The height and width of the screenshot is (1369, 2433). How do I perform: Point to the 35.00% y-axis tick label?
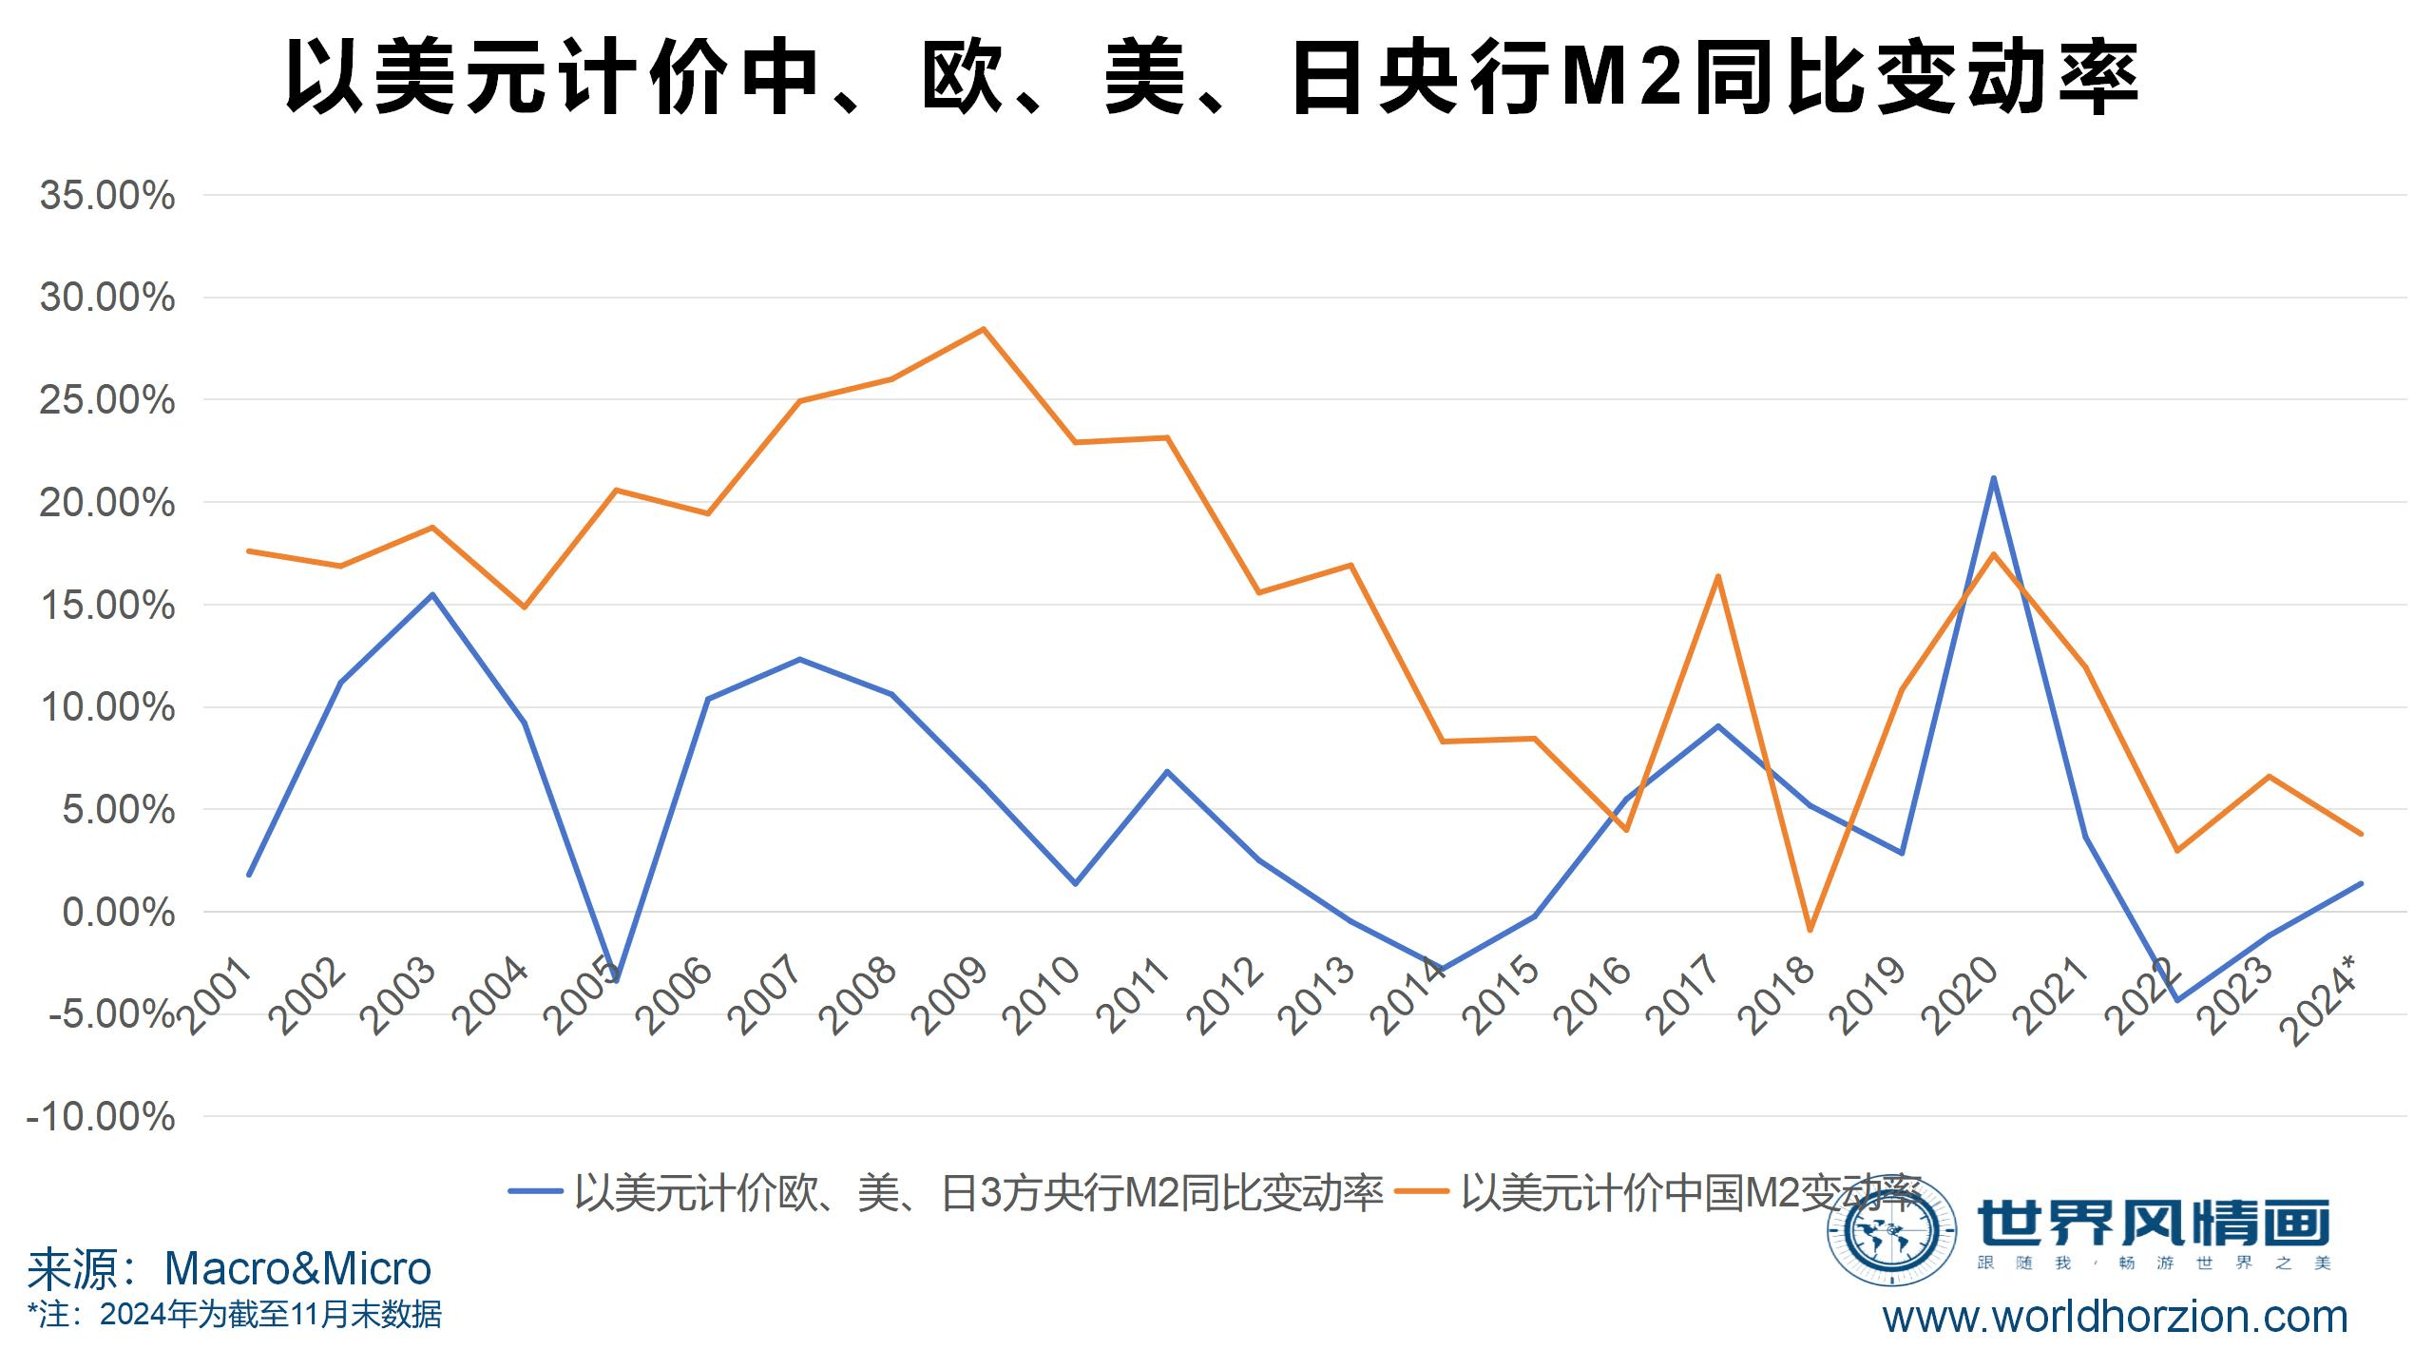[106, 196]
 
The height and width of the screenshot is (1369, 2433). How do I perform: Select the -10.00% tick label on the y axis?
[101, 1117]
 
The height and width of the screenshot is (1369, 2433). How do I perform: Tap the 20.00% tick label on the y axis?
[106, 503]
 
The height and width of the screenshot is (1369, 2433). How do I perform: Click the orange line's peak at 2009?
[984, 330]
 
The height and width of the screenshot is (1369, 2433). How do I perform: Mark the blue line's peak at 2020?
[1993, 478]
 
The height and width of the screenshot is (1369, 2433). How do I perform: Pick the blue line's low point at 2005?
[617, 980]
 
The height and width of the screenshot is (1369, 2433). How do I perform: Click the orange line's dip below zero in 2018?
[1810, 930]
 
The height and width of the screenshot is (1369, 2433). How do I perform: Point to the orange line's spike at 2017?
[1718, 576]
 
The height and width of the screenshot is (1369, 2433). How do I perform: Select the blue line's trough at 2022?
[2176, 1000]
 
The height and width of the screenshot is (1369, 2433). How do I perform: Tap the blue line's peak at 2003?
[432, 595]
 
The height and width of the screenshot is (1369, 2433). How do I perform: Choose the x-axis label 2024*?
[2322, 1003]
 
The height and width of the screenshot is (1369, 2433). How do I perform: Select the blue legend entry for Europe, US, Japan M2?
[946, 1192]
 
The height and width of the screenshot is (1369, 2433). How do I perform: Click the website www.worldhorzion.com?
[2116, 1318]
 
